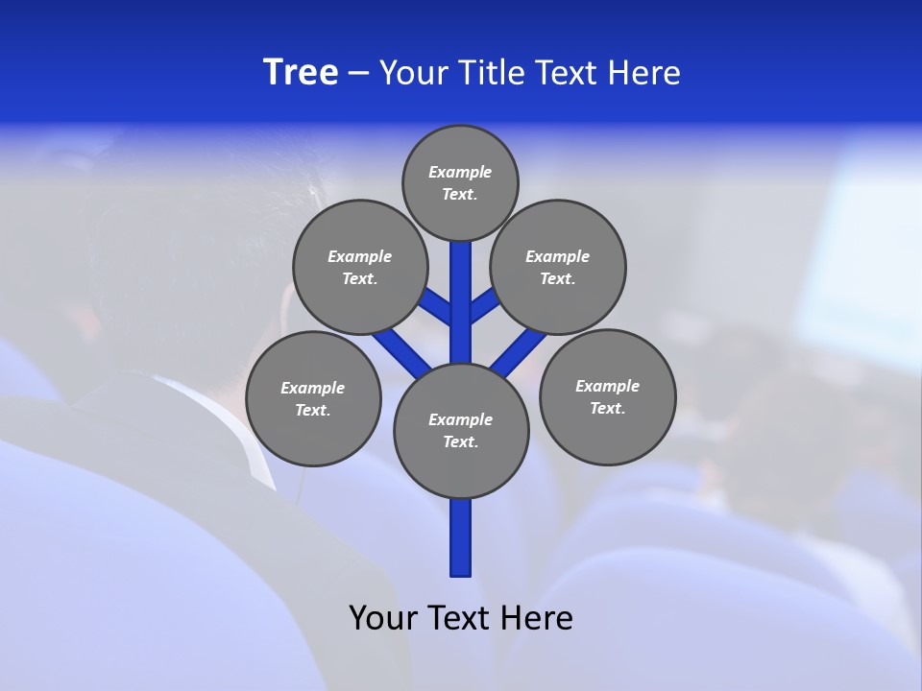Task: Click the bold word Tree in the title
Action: (x=301, y=72)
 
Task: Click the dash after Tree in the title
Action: (x=358, y=73)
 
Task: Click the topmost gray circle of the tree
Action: (x=460, y=183)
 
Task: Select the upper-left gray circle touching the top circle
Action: (x=359, y=268)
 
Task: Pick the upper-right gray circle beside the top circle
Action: (x=558, y=268)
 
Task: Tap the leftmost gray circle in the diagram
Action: (x=313, y=398)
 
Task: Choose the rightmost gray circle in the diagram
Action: (x=607, y=396)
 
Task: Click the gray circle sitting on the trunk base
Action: (x=461, y=430)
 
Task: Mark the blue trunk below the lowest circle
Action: (x=461, y=537)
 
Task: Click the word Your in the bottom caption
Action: (x=381, y=617)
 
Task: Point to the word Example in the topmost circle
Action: (x=460, y=173)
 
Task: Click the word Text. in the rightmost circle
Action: (x=607, y=409)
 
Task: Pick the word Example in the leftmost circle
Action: (x=313, y=388)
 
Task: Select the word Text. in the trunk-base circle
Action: (x=460, y=442)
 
